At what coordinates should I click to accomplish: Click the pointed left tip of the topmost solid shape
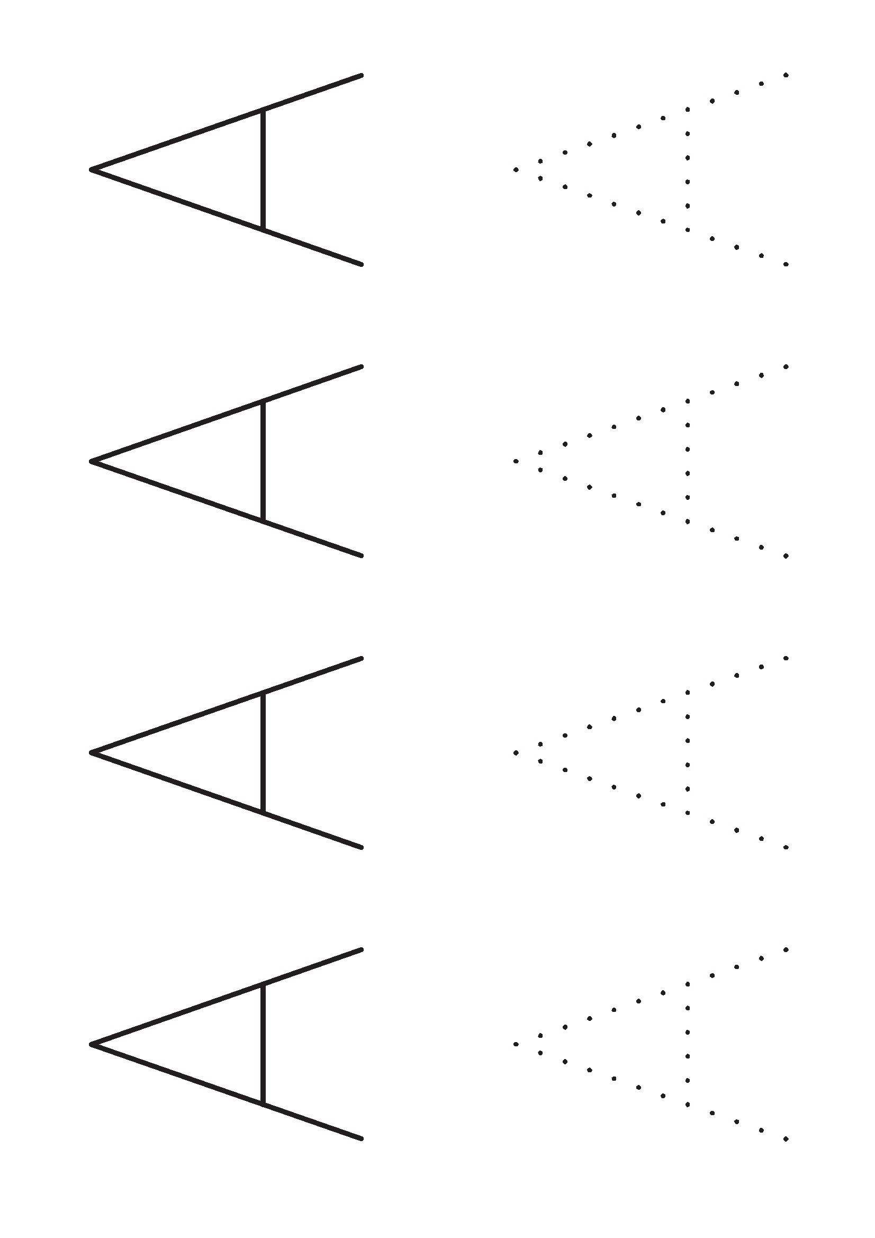(91, 170)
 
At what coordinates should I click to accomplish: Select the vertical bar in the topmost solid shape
(263, 170)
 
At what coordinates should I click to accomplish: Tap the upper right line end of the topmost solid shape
(361, 76)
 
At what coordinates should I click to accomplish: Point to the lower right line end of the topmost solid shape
(361, 264)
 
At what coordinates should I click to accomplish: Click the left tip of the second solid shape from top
(91, 461)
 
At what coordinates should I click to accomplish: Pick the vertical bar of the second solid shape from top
(263, 461)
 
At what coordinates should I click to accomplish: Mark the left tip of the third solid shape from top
(91, 753)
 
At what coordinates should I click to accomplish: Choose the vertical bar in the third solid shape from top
(263, 753)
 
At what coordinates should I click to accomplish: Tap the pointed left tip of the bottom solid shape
(91, 1044)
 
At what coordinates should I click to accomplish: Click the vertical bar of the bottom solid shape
(263, 1044)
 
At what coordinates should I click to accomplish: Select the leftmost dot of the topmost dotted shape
(516, 170)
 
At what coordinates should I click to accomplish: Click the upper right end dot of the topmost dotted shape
(786, 75)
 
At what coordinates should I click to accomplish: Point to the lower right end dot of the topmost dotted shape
(786, 264)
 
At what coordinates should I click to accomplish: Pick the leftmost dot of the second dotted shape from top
(516, 461)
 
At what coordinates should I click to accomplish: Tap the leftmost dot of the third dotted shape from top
(516, 753)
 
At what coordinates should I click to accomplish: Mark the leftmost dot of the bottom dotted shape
(516, 1044)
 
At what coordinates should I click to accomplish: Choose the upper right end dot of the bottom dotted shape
(786, 949)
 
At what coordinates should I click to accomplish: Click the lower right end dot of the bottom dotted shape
(786, 1139)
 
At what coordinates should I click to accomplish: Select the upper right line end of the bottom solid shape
(361, 950)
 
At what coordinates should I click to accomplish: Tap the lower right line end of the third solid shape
(361, 847)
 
